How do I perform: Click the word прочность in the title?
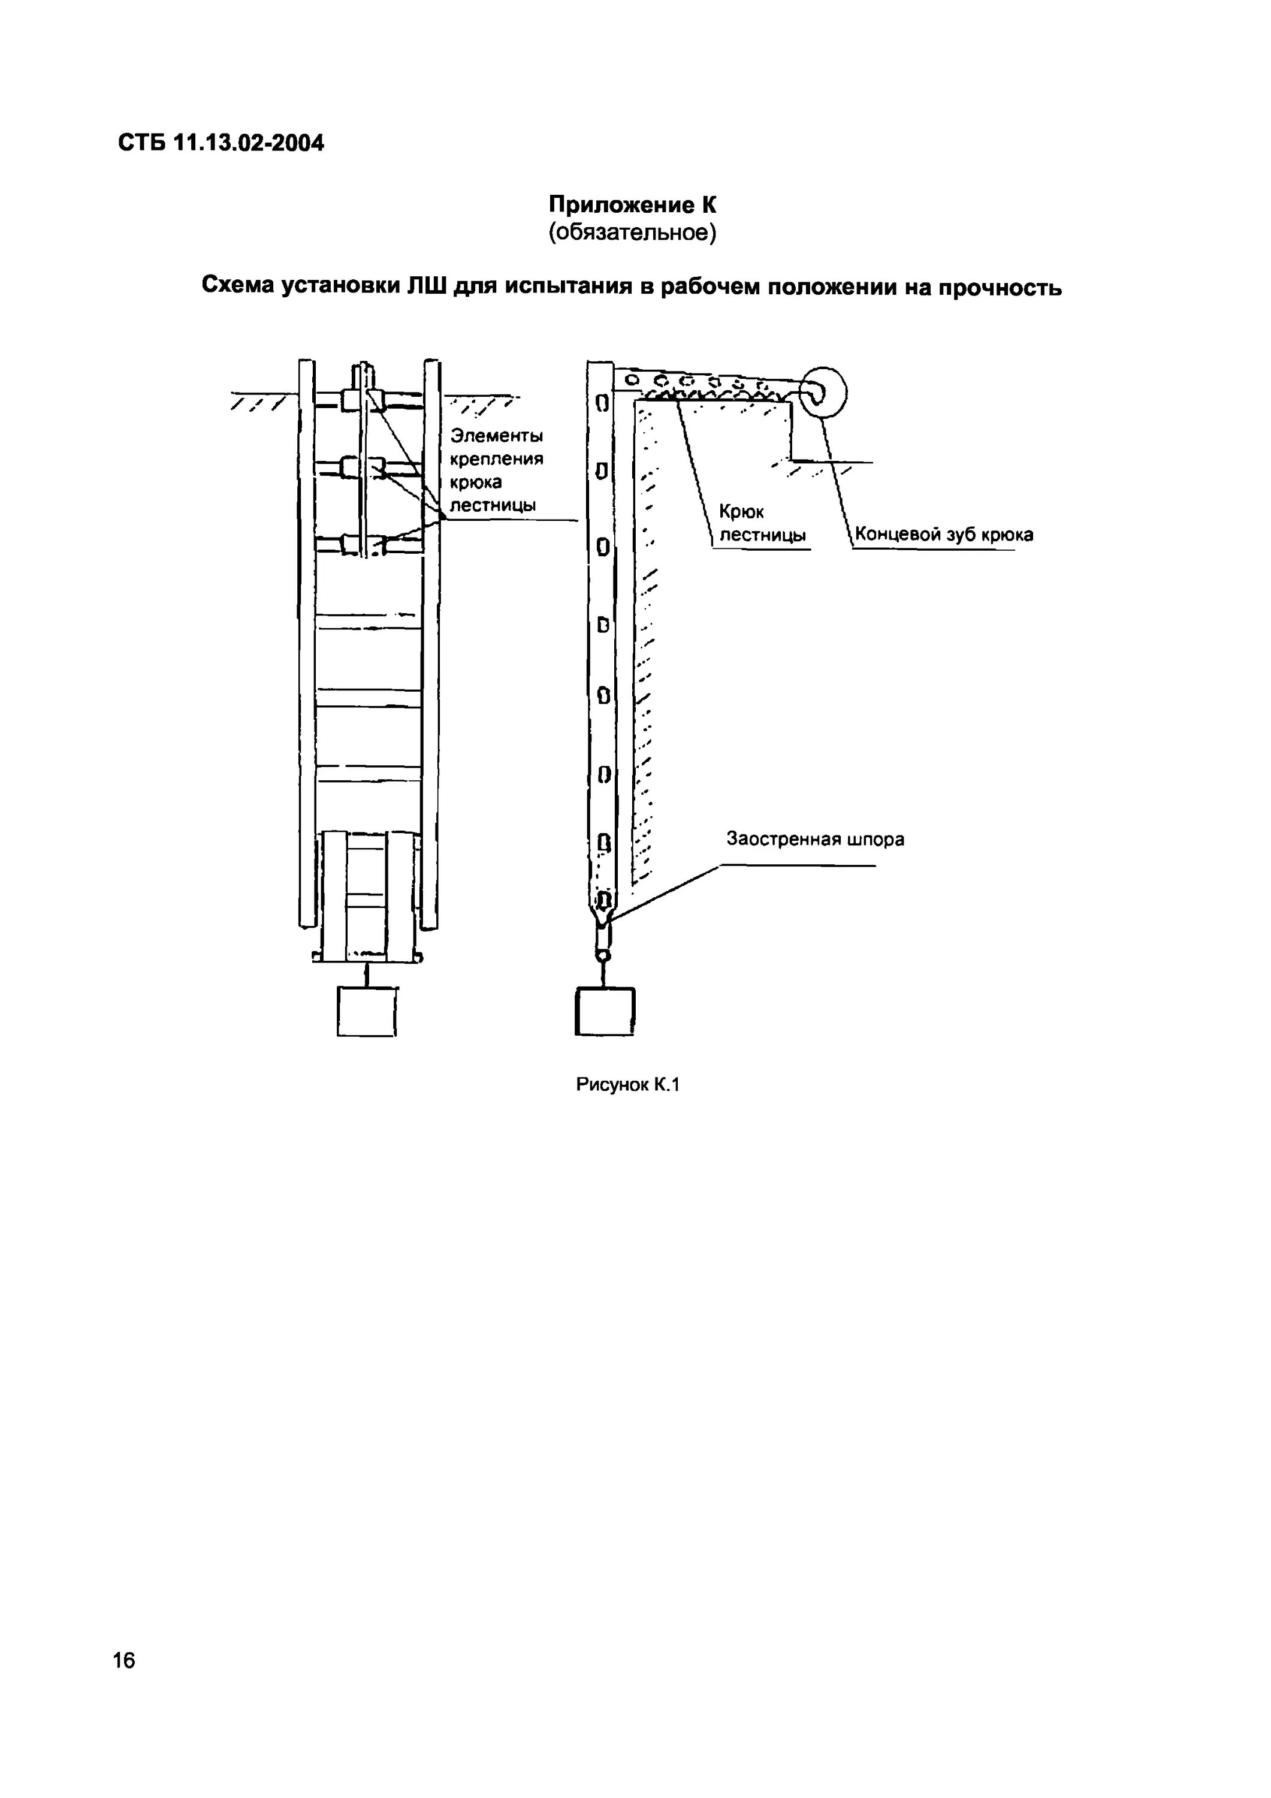1000,288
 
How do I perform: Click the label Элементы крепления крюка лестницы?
497,470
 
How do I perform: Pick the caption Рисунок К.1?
627,1085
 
